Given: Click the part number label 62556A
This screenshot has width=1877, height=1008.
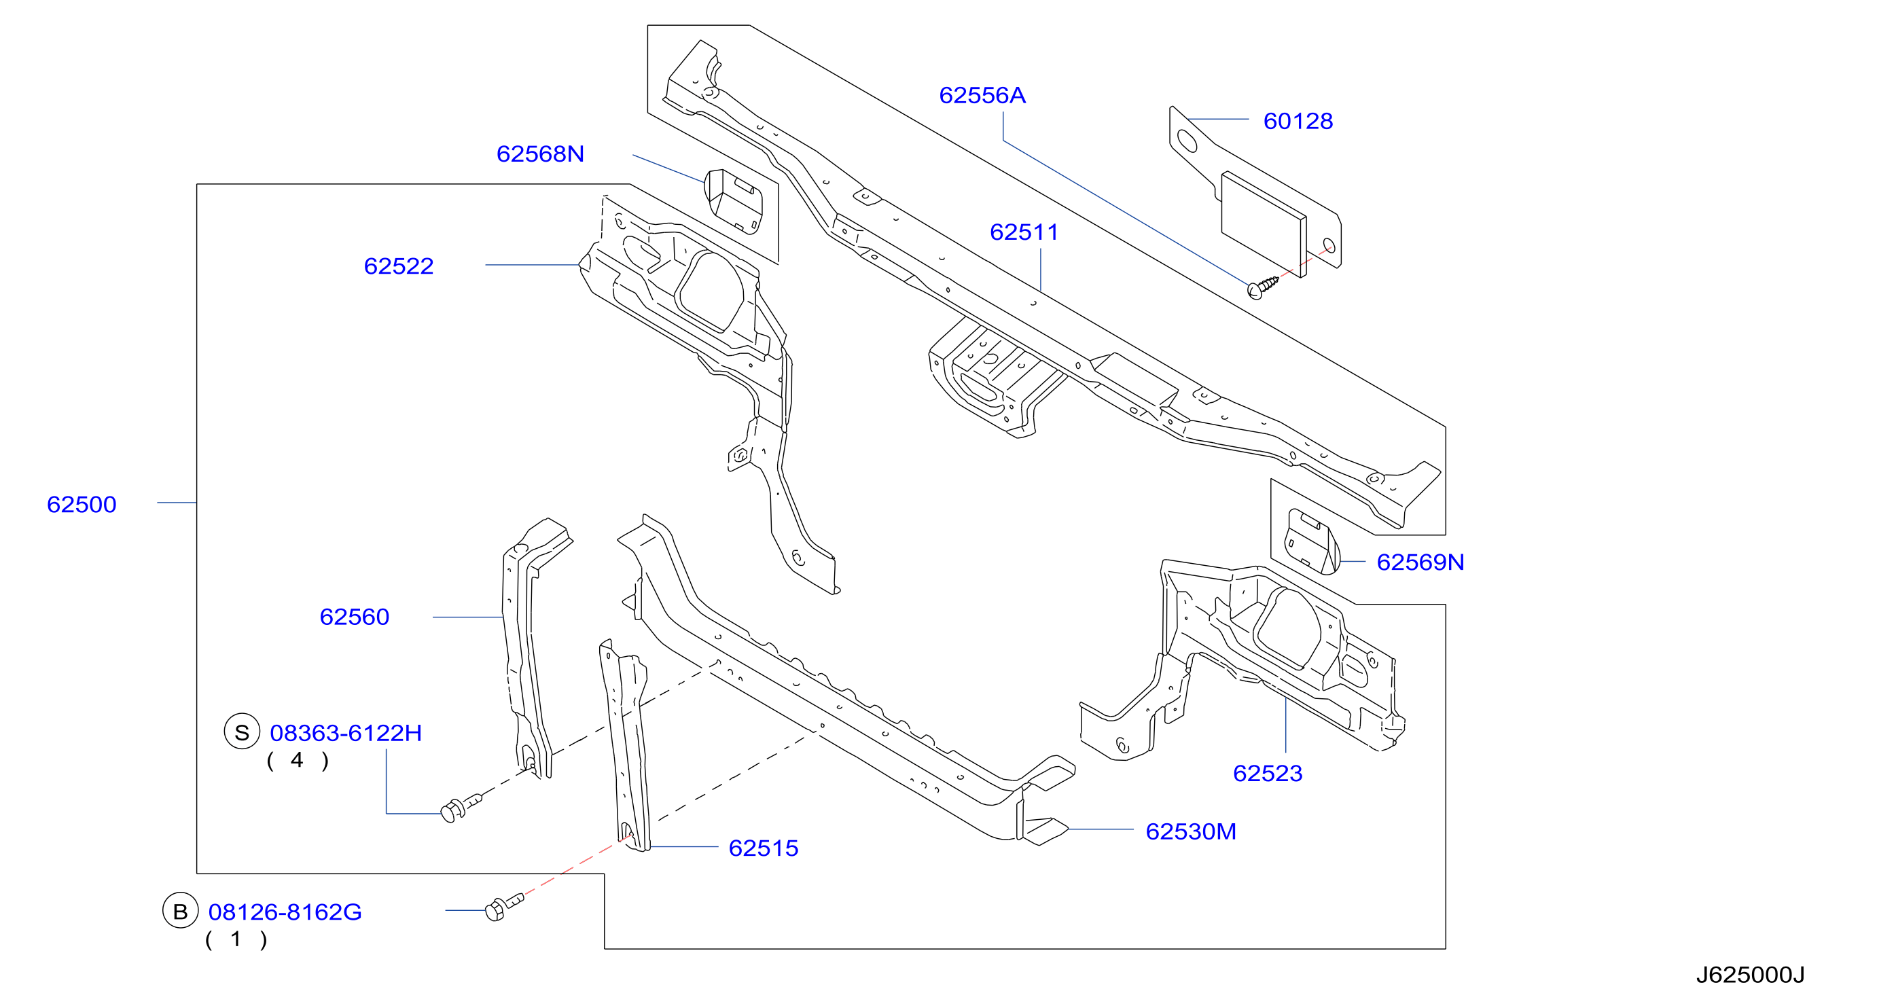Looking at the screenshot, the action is click(982, 95).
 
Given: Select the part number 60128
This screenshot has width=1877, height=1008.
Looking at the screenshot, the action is click(1298, 121).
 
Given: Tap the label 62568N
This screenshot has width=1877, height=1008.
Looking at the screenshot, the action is click(540, 154).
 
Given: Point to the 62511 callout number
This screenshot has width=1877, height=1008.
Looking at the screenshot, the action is click(1024, 232).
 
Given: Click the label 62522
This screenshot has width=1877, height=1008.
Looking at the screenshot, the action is click(399, 266).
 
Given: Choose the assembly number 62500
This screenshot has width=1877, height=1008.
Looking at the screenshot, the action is click(82, 504).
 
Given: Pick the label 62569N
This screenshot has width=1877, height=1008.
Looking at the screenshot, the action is click(1420, 562).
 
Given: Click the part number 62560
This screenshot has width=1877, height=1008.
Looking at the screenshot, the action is click(354, 617).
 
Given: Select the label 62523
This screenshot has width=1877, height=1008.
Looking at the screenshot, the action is click(1267, 773).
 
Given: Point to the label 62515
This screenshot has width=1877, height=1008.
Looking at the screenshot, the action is click(763, 848).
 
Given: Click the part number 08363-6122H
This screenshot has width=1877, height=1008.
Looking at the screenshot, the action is click(345, 733).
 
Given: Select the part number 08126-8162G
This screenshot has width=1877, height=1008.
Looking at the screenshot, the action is click(285, 912).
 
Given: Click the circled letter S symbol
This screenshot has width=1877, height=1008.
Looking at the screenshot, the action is click(242, 732).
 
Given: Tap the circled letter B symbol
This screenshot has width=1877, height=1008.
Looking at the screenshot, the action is click(180, 910).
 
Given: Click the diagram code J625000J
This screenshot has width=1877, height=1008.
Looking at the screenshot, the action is click(1750, 975).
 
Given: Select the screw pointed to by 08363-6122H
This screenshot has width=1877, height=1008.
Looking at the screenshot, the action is click(461, 807).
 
